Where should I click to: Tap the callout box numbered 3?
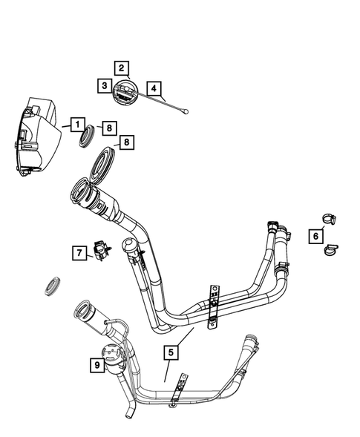105,86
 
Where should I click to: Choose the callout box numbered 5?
171,353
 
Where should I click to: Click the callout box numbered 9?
95,365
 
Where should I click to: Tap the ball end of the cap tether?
188,113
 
